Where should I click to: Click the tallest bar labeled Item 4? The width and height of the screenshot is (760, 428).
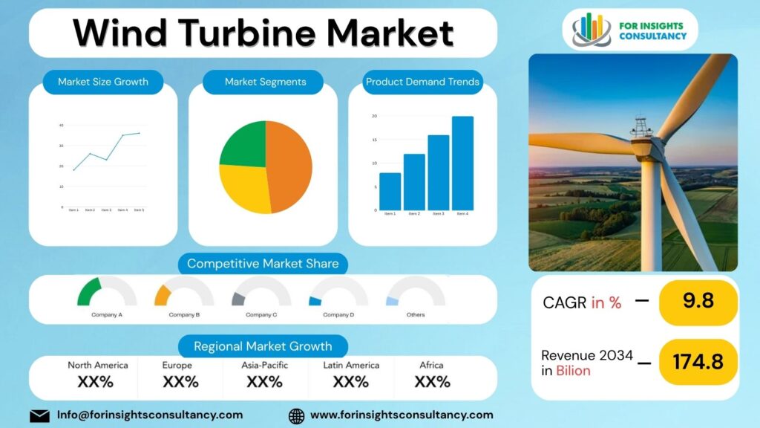[462, 163]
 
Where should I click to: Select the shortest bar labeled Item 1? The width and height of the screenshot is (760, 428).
[390, 192]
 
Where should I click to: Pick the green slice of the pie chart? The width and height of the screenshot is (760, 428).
[244, 145]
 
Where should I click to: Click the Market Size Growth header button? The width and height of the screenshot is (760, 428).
[103, 82]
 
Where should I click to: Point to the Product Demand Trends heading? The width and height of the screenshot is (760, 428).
[422, 82]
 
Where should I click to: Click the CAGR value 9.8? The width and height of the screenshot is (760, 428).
[698, 301]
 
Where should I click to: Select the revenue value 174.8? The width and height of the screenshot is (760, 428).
[698, 361]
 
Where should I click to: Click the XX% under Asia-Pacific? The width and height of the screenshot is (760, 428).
[265, 382]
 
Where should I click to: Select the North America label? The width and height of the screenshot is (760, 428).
[98, 365]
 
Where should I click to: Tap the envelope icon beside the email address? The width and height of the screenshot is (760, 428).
[39, 415]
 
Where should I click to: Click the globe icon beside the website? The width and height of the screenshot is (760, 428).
[296, 415]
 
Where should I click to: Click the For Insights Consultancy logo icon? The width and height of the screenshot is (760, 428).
[592, 29]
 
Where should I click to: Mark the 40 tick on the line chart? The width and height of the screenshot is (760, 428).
[61, 125]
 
